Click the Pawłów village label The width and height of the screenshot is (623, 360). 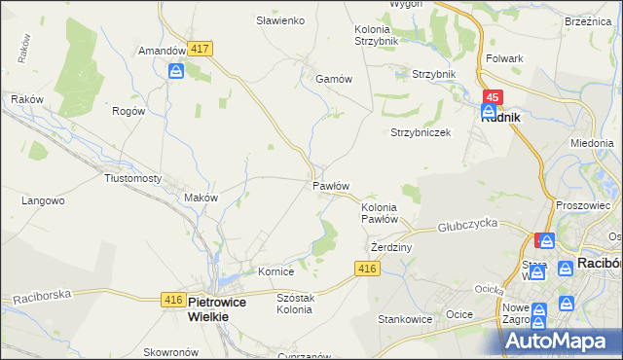[330, 185]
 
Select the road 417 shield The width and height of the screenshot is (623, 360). [202, 49]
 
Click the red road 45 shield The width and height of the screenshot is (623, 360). [494, 97]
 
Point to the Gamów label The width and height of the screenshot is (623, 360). [333, 80]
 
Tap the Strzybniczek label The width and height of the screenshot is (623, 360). [421, 132]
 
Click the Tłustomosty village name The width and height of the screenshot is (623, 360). [132, 178]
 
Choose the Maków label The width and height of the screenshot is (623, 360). [201, 197]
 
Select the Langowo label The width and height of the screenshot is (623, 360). [43, 200]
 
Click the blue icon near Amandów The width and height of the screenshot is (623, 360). [176, 71]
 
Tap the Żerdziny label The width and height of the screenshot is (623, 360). [392, 247]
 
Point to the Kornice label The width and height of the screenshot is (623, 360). [275, 271]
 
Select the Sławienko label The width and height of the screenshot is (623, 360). [280, 20]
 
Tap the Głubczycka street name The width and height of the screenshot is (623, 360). [467, 224]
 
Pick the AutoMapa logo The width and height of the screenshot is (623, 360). [558, 340]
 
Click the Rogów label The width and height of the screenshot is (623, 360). [128, 111]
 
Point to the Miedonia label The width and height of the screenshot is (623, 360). [592, 142]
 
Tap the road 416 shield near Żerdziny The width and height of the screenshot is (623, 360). [367, 269]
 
